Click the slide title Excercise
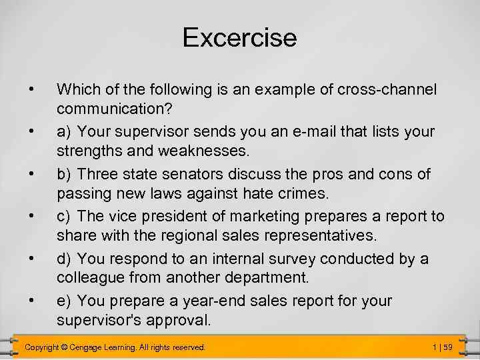239,37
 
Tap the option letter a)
65,131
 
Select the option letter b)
65,174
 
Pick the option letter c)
65,217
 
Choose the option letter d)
65,259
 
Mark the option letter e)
65,301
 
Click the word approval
177,320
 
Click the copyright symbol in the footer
65,347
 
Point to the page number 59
447,347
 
